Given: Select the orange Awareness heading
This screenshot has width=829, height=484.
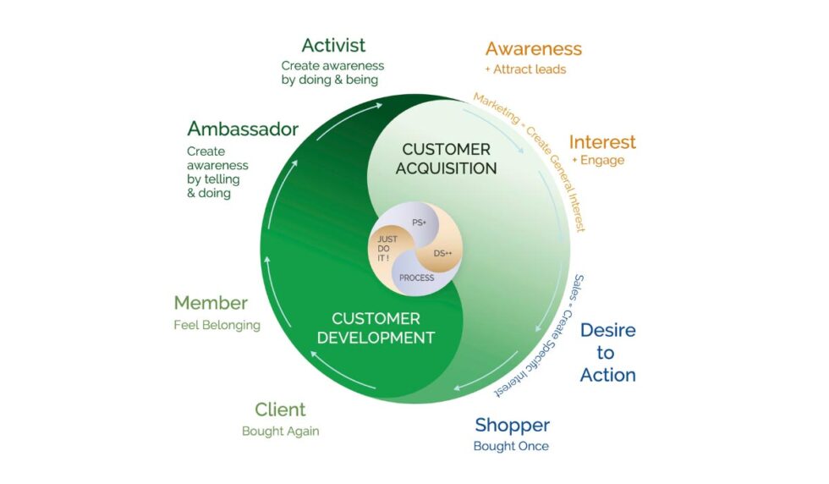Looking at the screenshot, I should [533, 49].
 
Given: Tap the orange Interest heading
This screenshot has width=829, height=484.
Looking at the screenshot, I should [601, 142].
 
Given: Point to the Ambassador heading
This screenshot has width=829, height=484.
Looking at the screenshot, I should [243, 129].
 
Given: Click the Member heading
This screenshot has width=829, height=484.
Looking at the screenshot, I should [211, 303].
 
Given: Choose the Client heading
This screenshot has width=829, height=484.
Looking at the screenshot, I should [280, 410].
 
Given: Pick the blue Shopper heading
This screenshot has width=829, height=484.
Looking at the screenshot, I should [512, 425].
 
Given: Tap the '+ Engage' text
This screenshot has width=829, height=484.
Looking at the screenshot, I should [597, 161].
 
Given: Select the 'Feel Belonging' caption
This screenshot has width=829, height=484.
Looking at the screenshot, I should [217, 324].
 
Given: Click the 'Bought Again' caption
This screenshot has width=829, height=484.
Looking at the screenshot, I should [280, 431].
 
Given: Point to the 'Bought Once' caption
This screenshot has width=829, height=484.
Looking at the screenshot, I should [510, 446].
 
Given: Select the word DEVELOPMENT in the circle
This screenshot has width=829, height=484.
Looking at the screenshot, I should [382, 338].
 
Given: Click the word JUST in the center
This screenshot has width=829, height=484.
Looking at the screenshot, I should [387, 239].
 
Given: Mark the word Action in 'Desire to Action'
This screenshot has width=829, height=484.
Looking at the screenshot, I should [607, 375].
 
